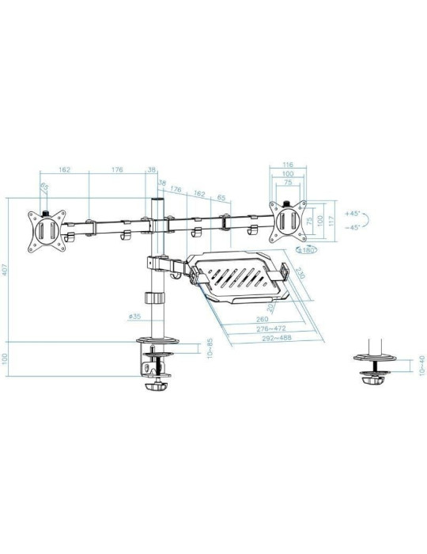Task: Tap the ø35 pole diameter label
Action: (x=134, y=317)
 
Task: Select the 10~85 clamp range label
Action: (x=209, y=349)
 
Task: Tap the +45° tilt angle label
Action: (x=353, y=213)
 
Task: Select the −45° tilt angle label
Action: (x=353, y=227)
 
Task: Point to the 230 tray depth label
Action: (x=300, y=272)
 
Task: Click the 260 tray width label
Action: (x=263, y=320)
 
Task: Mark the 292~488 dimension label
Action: (x=270, y=339)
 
